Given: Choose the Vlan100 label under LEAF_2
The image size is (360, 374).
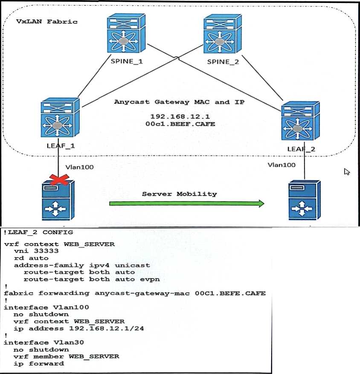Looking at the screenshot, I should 282,164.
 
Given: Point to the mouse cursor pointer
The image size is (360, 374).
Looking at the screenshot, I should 347,171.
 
